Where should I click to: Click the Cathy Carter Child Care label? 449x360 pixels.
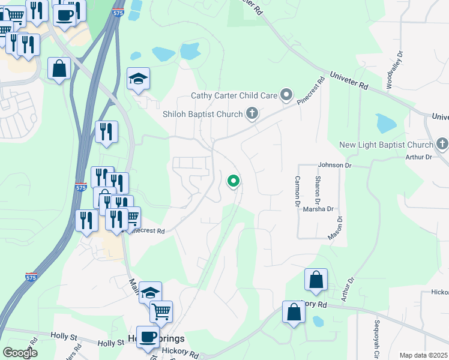click(x=234, y=95)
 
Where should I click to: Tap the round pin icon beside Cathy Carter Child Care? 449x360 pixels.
click(x=287, y=94)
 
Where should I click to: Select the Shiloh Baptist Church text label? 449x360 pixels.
click(x=202, y=114)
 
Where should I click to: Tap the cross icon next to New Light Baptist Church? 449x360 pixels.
click(x=442, y=144)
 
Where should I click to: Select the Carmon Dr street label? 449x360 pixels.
click(x=297, y=191)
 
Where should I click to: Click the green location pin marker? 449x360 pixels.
click(x=233, y=180)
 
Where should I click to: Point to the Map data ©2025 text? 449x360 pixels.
click(x=423, y=355)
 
